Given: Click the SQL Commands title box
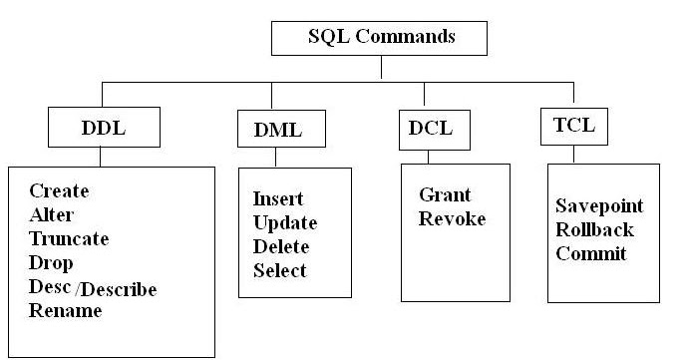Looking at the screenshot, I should coord(379,39).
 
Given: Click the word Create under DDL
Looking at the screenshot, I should coord(59,191).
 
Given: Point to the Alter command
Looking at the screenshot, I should coord(52,214).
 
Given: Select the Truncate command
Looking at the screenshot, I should coord(69,239).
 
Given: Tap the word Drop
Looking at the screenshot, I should coord(49,263).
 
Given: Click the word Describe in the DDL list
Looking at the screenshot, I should coord(123,289).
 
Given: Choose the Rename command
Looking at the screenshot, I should coord(65,311).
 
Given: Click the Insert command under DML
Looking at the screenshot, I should coord(277,198).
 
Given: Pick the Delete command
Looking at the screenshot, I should coord(281,246).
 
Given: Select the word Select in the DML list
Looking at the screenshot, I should coord(279,270).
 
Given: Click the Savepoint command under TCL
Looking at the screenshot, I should coord(599,206).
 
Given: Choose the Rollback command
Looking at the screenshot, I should coord(595,229).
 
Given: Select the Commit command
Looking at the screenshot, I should coord(591,253).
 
